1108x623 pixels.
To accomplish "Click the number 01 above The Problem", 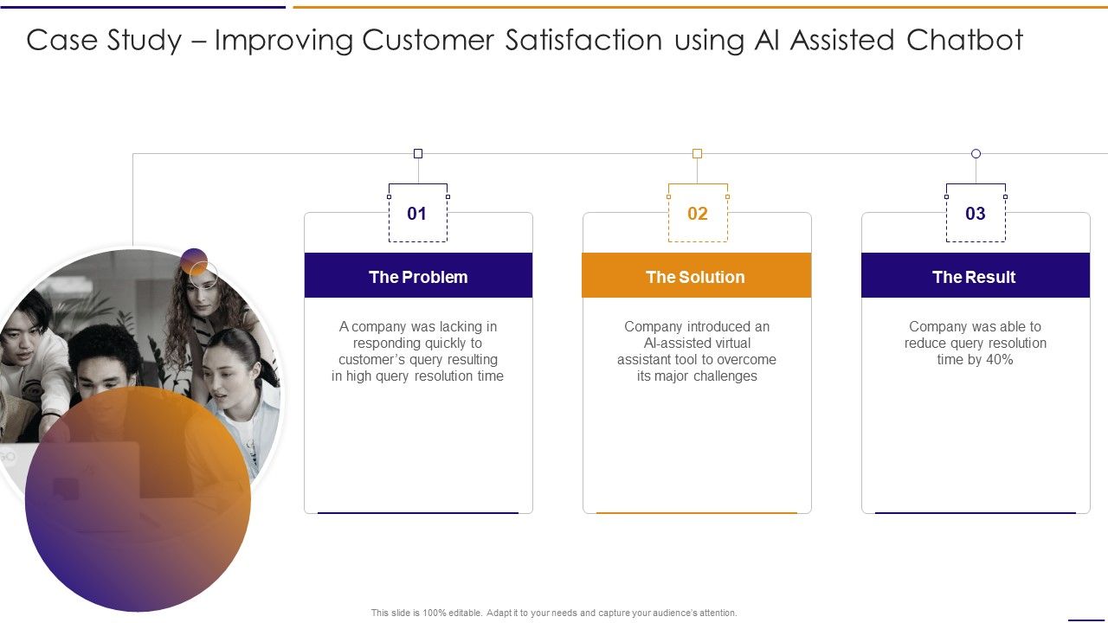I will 417,214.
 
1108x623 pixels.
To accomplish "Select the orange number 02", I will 697,214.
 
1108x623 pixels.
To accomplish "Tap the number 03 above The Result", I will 976,214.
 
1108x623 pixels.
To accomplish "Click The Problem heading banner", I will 418,277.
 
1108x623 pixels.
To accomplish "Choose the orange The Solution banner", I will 696,277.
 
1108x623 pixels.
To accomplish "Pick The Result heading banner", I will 975,277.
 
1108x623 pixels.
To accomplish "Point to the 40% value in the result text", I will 999,360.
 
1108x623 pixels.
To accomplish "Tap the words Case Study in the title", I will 104,41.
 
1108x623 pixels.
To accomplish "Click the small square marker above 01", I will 418,154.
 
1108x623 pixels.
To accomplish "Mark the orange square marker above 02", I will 697,154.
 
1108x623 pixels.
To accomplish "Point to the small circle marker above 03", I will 976,154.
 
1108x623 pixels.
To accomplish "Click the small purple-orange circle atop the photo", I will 195,261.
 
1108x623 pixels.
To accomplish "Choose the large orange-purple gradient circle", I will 138,511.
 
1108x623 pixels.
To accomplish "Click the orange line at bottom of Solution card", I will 697,513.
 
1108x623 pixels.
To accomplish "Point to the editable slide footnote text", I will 554,613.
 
